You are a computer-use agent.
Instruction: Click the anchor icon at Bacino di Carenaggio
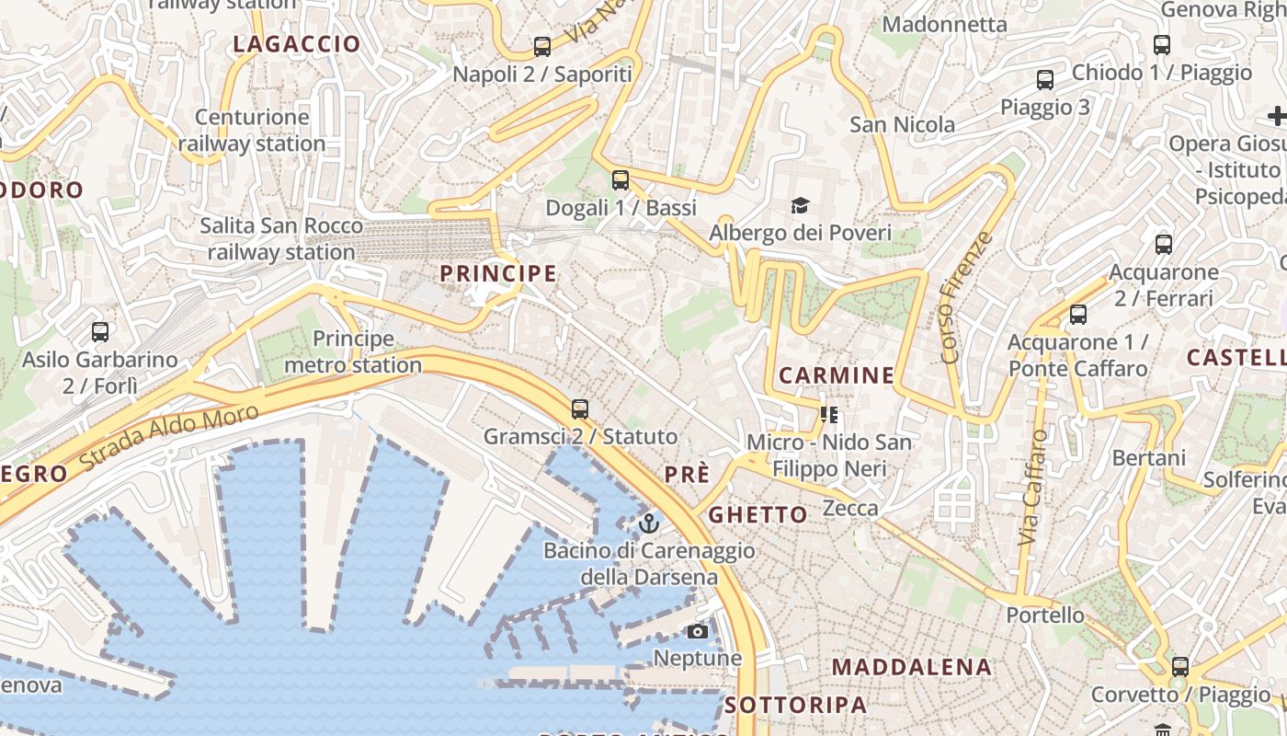pyautogui.click(x=649, y=523)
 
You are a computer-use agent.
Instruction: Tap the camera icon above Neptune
pyautogui.click(x=698, y=631)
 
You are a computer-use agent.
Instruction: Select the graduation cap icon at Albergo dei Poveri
pyautogui.click(x=800, y=205)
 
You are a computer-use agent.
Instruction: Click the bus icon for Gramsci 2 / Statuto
pyautogui.click(x=579, y=409)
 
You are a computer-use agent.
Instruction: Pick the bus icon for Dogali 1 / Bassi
pyautogui.click(x=621, y=180)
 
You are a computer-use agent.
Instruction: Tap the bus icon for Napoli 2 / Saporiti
pyautogui.click(x=542, y=47)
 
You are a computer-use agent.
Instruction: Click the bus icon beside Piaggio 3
pyautogui.click(x=1045, y=80)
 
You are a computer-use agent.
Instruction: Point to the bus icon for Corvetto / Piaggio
pyautogui.click(x=1180, y=667)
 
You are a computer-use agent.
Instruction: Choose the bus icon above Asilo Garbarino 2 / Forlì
pyautogui.click(x=100, y=332)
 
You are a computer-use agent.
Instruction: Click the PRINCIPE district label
pyautogui.click(x=498, y=273)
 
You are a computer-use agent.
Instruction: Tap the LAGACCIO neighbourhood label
pyautogui.click(x=297, y=44)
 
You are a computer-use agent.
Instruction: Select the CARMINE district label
pyautogui.click(x=836, y=375)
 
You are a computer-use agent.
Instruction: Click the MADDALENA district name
pyautogui.click(x=912, y=667)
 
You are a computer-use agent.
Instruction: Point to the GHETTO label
pyautogui.click(x=758, y=514)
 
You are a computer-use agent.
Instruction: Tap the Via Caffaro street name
pyautogui.click(x=1033, y=489)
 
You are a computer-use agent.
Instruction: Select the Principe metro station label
pyautogui.click(x=353, y=352)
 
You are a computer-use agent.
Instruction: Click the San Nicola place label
pyautogui.click(x=902, y=124)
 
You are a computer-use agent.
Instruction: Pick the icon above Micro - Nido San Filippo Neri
pyautogui.click(x=829, y=415)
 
